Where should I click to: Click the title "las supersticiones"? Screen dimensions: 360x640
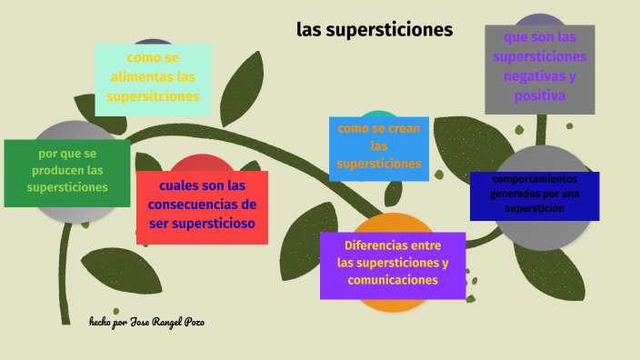pos(374,29)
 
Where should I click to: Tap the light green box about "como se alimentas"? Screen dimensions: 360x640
pos(153,78)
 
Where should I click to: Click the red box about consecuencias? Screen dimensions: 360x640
pos(202,206)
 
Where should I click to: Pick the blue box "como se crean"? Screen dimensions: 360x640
pos(379,147)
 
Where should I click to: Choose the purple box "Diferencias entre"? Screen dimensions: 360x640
pos(393,264)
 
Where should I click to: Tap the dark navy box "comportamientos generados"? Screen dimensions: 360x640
pos(535,195)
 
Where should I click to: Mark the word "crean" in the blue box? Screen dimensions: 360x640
pos(398,128)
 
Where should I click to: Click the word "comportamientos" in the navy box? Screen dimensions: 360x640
pos(535,179)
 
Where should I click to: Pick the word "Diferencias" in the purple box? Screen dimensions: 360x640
pos(376,245)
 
